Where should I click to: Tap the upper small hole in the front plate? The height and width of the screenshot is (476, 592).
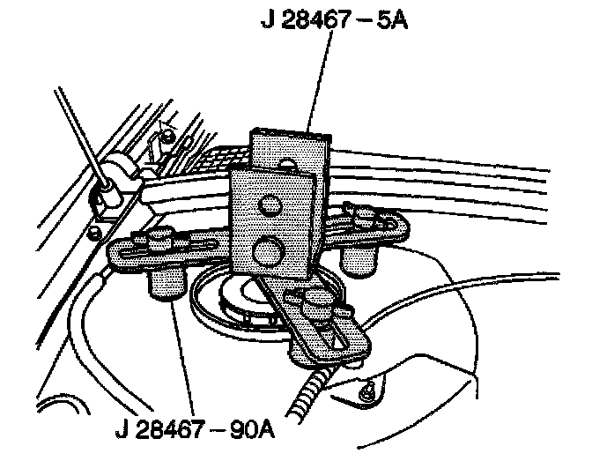tap(269, 205)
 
